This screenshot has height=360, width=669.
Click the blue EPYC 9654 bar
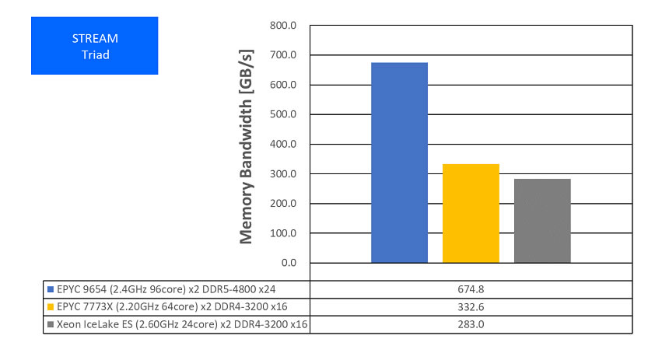[x=399, y=163]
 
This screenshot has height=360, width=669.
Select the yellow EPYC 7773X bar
[x=471, y=213]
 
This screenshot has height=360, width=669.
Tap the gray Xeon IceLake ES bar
[x=542, y=221]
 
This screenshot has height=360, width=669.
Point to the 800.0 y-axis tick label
[x=283, y=26]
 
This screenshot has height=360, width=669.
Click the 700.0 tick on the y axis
[x=283, y=55]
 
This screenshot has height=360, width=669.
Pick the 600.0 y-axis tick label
[x=283, y=85]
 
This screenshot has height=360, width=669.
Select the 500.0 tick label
[x=283, y=114]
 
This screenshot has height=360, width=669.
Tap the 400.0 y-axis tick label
[x=283, y=144]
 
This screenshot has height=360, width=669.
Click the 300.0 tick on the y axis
[x=283, y=174]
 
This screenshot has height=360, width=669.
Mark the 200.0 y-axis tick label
[x=283, y=204]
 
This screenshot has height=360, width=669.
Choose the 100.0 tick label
[x=283, y=233]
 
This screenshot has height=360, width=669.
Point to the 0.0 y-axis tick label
[x=288, y=263]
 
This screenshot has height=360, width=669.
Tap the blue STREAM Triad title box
[x=94, y=46]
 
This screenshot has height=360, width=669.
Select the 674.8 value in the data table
[x=471, y=289]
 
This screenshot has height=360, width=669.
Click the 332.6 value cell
[x=471, y=306]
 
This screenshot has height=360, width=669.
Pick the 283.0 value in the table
[x=471, y=324]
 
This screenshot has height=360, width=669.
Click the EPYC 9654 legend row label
[x=168, y=289]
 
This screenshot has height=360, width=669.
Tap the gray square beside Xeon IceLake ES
[x=51, y=324]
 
